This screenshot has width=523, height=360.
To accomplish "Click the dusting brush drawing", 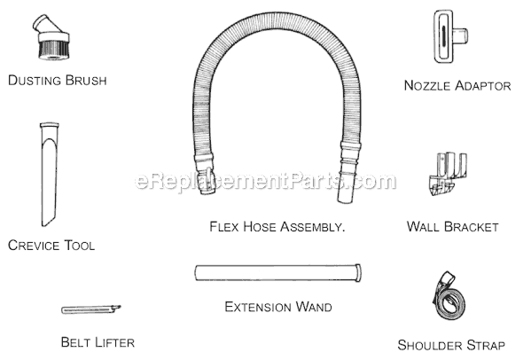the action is tap(53, 38).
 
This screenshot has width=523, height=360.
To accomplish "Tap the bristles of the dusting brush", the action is tap(54, 51).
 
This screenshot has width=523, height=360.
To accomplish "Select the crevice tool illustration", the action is tap(50, 174).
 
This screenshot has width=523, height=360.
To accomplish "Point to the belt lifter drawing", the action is tap(90, 309).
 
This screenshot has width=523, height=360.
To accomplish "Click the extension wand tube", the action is tap(277, 272).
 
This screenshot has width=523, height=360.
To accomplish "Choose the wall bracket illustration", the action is tap(448, 174).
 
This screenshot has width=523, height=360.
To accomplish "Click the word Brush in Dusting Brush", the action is tap(86, 81).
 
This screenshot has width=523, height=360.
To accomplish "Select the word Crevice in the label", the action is tap(34, 246).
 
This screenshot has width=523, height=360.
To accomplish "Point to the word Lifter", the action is tap(114, 342).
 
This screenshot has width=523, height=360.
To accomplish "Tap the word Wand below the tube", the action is tap(314, 307).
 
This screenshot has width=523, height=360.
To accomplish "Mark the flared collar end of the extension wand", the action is tap(358, 273).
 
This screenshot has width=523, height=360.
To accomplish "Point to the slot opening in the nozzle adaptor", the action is tap(444, 35).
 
